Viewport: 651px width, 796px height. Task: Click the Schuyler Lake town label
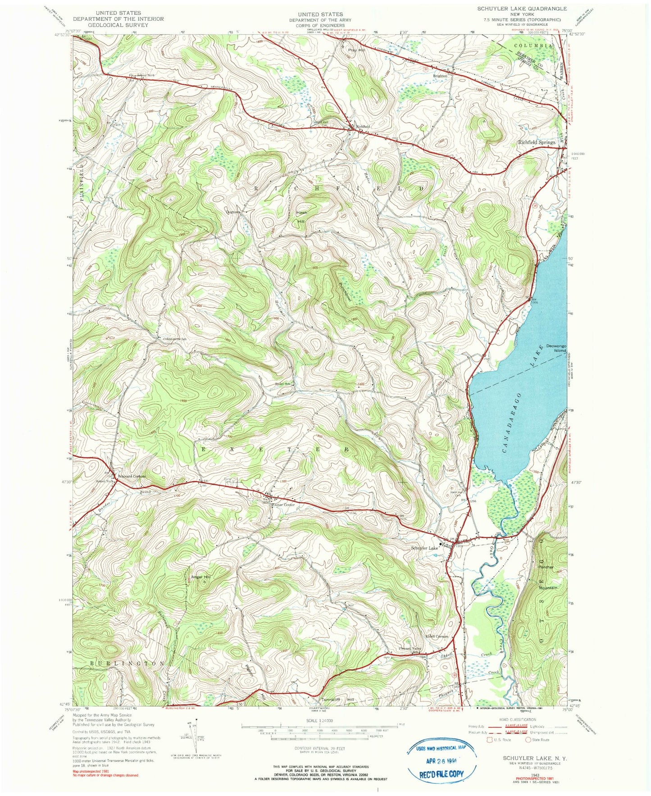coord(424,548)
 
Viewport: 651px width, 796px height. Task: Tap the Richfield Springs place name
coord(536,142)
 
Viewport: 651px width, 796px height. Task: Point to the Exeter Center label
coord(283,505)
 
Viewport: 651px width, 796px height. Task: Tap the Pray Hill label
coord(355,50)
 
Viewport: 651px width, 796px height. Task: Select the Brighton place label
coord(440,76)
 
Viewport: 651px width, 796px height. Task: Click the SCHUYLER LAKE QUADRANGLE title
coord(522,9)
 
